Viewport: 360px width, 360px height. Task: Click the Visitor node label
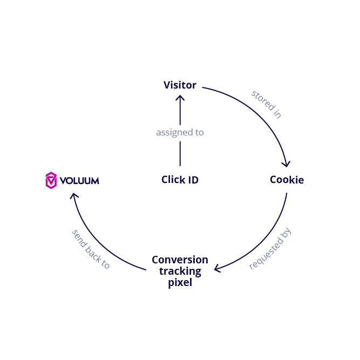coord(180,85)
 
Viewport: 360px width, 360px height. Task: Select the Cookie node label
coord(287,180)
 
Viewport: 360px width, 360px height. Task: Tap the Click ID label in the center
coord(180,180)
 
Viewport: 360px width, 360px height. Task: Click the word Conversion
coord(180,260)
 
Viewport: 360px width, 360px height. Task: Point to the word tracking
coord(180,271)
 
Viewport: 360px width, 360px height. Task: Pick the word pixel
coord(180,282)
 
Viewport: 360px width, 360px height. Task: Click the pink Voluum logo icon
coord(51,180)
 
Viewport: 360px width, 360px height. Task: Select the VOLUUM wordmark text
coord(79,181)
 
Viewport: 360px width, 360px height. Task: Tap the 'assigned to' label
coord(180,132)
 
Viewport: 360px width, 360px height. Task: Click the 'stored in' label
coord(266,104)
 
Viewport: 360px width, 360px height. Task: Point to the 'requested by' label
coord(270,249)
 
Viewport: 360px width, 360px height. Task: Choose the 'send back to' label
coord(91,249)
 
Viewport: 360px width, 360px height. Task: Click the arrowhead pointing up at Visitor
coord(180,98)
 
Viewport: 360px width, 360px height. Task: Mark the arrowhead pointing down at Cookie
coord(287,164)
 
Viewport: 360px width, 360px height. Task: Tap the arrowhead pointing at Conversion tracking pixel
coord(218,268)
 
